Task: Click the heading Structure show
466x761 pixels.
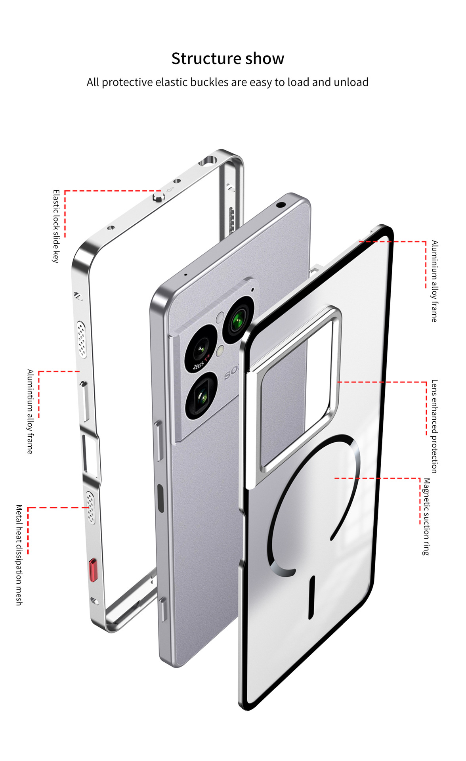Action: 228,59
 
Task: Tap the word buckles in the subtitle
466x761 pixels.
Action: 210,82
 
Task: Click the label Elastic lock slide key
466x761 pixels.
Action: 56,226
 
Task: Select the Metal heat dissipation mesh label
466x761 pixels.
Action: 19,555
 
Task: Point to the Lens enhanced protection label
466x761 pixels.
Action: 435,426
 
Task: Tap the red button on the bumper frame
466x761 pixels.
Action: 93,570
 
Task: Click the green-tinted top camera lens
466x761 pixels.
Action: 239,319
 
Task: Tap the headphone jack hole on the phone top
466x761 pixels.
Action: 281,205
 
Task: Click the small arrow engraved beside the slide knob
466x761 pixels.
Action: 171,189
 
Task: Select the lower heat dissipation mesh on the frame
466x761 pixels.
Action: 91,508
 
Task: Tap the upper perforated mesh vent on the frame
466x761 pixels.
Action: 82,339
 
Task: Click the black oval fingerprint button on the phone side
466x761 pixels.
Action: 160,498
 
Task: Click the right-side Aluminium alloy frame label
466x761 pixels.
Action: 435,281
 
